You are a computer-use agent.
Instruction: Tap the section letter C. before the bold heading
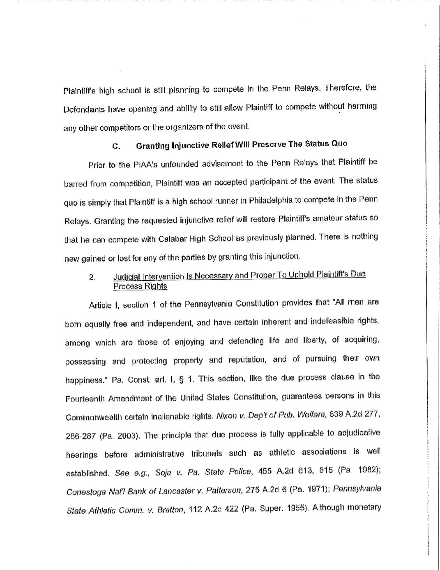116,147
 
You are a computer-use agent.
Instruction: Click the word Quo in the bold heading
339,144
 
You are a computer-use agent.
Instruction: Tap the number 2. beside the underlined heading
92,277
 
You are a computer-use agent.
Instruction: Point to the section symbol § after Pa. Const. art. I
181,379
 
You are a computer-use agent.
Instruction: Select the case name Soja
162,473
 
